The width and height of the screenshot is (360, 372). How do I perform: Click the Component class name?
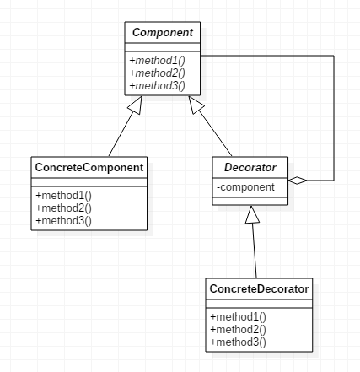pyautogui.click(x=163, y=33)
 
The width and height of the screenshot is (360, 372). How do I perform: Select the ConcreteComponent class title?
pyautogui.click(x=89, y=168)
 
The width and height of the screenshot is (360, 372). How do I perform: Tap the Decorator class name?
pyautogui.click(x=250, y=168)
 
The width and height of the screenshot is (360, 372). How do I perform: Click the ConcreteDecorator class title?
pyautogui.click(x=259, y=289)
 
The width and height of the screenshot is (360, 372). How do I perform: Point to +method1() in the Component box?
pyautogui.click(x=158, y=61)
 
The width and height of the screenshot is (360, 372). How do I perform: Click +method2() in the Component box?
pyautogui.click(x=158, y=73)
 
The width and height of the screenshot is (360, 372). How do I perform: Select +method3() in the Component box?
pyautogui.click(x=158, y=86)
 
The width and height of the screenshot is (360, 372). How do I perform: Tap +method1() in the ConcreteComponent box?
pyautogui.click(x=64, y=196)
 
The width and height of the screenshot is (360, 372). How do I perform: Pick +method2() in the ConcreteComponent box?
pyautogui.click(x=64, y=208)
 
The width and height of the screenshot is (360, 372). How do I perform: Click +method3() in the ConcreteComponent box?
pyautogui.click(x=64, y=221)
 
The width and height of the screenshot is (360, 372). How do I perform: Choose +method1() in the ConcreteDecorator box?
pyautogui.click(x=238, y=317)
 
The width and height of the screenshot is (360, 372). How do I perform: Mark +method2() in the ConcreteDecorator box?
pyautogui.click(x=238, y=330)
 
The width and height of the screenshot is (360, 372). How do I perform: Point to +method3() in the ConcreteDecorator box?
pyautogui.click(x=238, y=342)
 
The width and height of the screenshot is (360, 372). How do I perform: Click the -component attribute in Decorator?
pyautogui.click(x=245, y=187)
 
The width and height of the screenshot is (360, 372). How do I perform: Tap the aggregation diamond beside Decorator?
pyautogui.click(x=298, y=181)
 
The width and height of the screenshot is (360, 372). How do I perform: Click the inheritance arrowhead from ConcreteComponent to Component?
pyautogui.click(x=136, y=105)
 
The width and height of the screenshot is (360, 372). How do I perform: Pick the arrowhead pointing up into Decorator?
pyautogui.click(x=252, y=214)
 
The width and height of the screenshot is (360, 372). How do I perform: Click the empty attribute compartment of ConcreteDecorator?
pyautogui.click(x=259, y=304)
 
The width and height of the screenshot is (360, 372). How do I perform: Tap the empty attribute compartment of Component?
pyautogui.click(x=163, y=47)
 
